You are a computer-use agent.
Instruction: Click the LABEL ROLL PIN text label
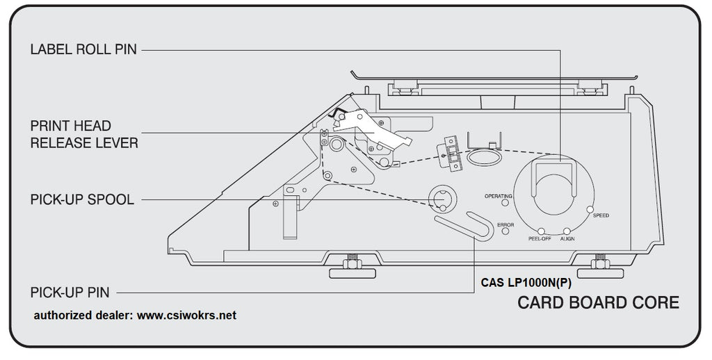tap(83, 50)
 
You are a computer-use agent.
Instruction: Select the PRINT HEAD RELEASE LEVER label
tap(83, 134)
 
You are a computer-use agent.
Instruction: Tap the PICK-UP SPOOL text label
tap(81, 200)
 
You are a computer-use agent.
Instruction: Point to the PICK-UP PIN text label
tap(70, 292)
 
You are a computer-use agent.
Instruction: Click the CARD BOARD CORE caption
tap(598, 303)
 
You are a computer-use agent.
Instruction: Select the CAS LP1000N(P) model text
tap(526, 284)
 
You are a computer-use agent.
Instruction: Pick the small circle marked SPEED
tap(590, 208)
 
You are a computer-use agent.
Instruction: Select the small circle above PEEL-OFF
tap(540, 231)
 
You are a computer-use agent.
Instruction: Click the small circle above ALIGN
tap(567, 231)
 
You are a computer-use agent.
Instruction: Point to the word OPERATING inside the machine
tap(498, 196)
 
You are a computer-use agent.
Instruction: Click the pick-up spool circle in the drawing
tap(441, 200)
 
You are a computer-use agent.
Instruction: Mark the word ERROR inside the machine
tap(505, 224)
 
